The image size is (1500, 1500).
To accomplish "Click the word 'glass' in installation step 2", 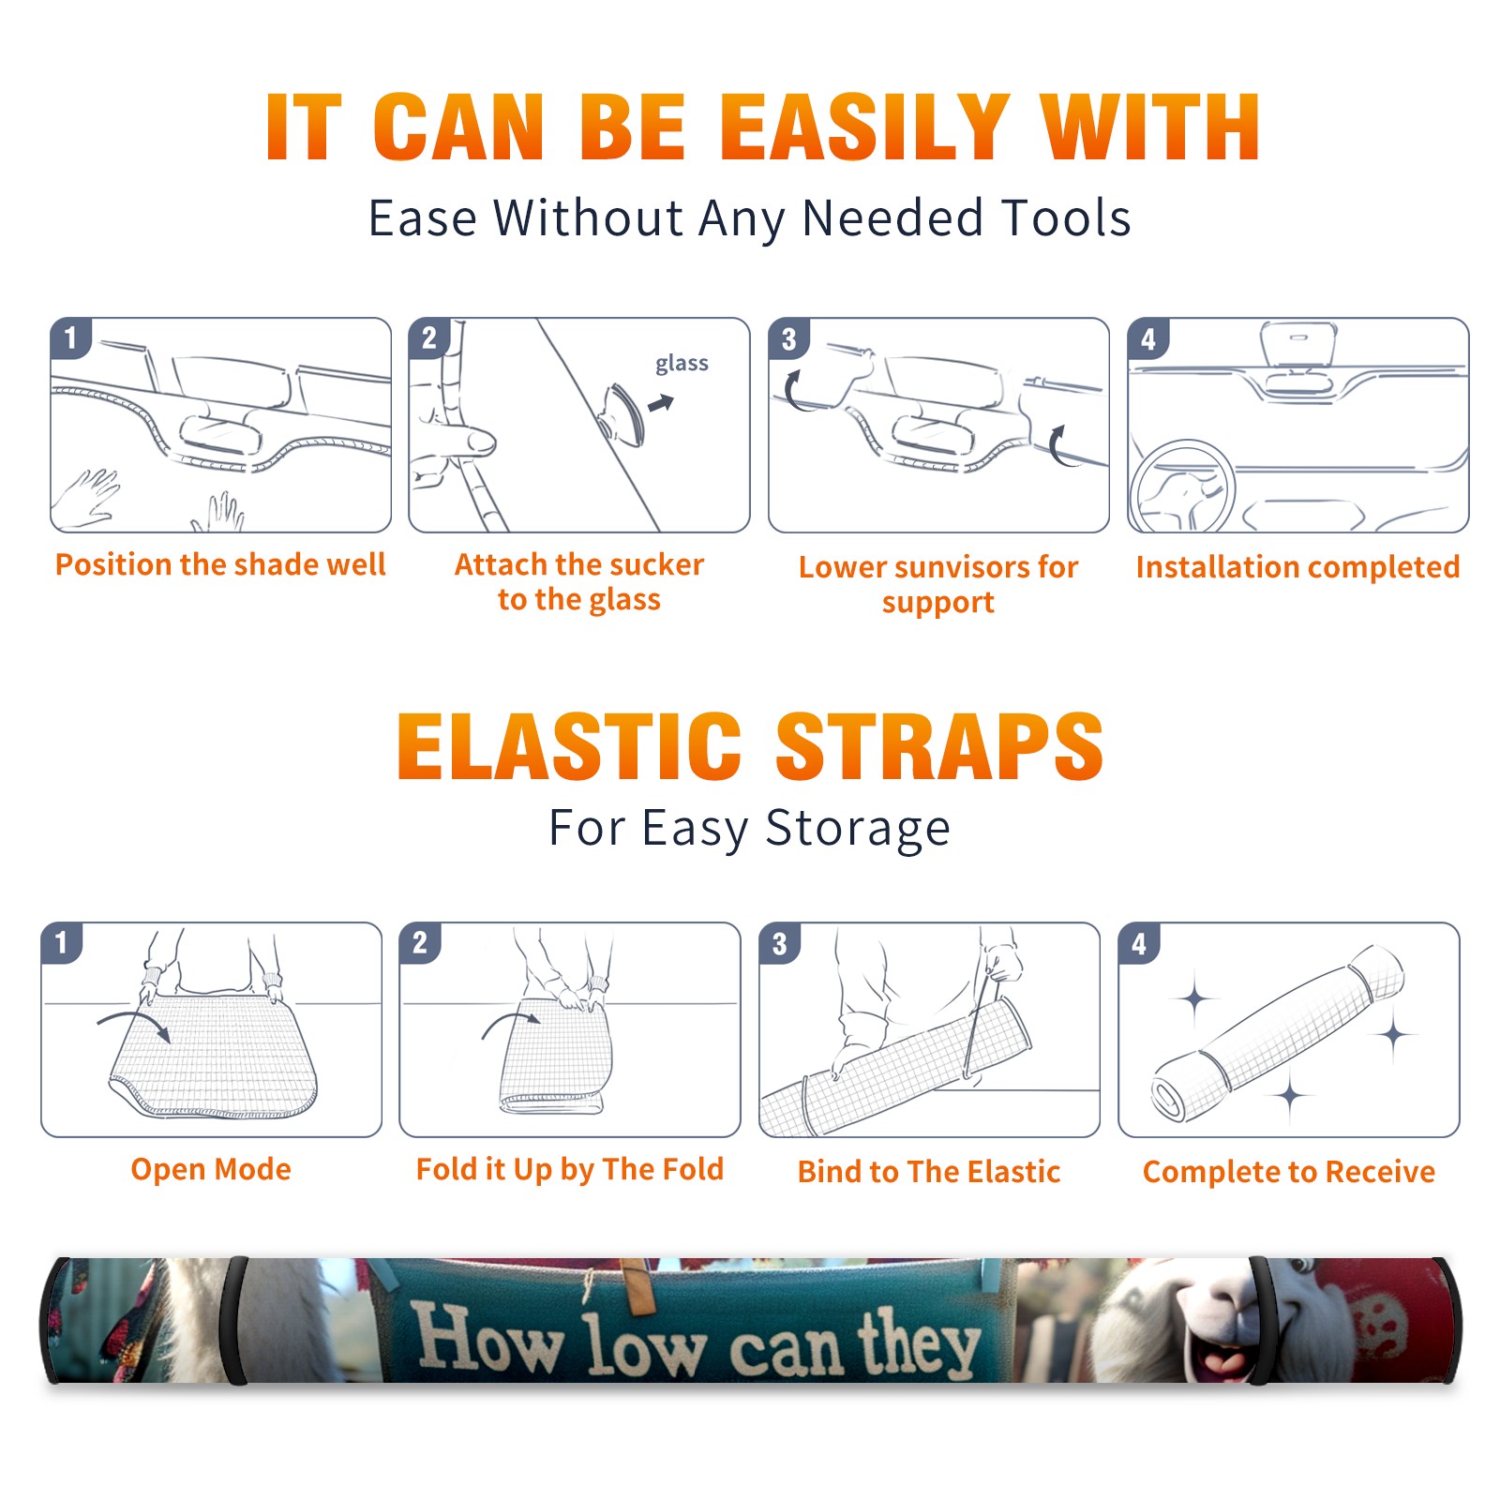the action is click(x=682, y=363).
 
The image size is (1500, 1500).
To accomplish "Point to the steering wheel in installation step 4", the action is click(x=1183, y=487).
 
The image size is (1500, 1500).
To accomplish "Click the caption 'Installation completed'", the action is click(x=1297, y=566).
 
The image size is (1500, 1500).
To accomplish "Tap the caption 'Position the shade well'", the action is click(x=220, y=564).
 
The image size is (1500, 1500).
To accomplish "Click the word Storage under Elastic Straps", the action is click(x=858, y=829).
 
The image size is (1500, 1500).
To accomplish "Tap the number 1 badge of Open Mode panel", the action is click(x=62, y=943).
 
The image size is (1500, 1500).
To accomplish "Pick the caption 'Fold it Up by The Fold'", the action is click(x=570, y=1169).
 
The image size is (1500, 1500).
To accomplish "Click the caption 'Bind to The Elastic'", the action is click(x=929, y=1172).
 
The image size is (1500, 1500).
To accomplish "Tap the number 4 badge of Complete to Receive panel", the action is click(x=1139, y=943).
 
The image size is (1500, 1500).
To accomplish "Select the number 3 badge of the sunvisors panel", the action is click(x=788, y=339).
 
